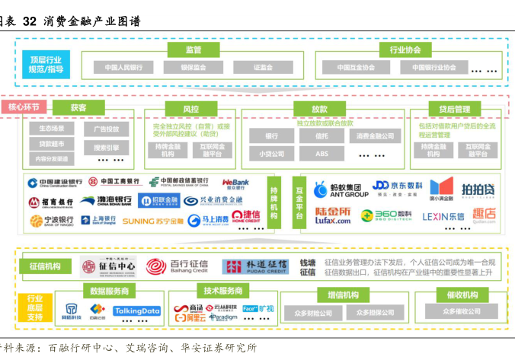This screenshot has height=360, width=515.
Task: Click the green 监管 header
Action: point(194,49)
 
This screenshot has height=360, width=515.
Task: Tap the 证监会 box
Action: point(263,67)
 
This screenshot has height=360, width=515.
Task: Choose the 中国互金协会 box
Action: point(358,67)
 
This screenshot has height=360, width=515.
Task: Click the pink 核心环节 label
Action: point(24,107)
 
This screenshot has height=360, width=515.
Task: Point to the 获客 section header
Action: point(78,108)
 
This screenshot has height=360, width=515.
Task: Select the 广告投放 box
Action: point(106,129)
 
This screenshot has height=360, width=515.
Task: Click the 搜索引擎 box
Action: point(106,147)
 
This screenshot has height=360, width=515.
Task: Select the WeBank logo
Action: point(235,183)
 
